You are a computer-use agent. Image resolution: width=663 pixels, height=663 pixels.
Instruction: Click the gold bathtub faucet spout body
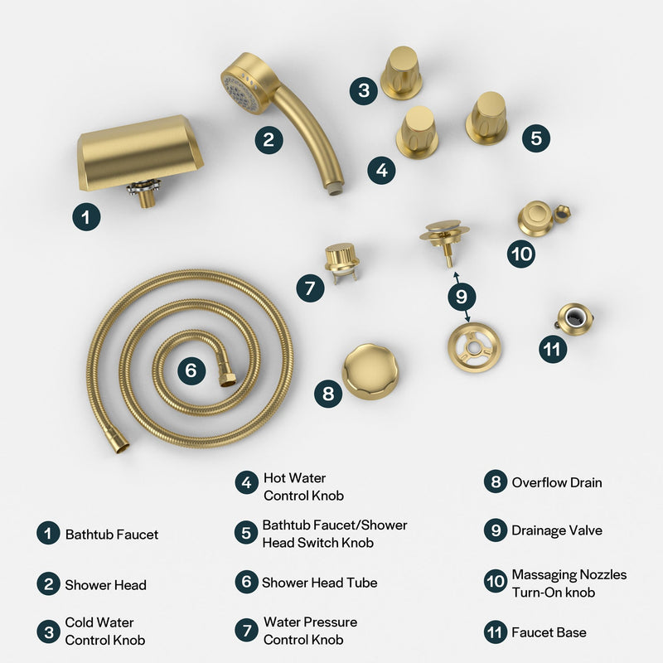139,152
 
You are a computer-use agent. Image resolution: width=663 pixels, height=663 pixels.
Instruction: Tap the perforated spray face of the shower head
239,85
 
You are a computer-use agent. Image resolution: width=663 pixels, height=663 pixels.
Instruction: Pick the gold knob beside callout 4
417,132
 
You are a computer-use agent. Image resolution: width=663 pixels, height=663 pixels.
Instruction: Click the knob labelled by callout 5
486,117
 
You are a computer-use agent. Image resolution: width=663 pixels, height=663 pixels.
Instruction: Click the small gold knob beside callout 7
341,259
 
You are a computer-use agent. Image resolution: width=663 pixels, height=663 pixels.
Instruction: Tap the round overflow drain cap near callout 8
370,371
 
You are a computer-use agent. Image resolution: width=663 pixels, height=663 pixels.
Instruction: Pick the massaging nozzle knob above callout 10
536,217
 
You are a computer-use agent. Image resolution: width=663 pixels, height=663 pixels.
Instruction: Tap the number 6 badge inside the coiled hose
191,370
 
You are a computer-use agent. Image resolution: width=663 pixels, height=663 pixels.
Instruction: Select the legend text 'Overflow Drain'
556,482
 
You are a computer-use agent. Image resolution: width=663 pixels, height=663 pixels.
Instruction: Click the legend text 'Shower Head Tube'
319,583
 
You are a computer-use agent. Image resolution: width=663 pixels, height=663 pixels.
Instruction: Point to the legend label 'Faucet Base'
549,632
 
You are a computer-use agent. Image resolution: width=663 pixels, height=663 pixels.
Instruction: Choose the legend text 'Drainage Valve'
557,530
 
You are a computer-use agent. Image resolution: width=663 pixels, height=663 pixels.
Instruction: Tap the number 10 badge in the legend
495,583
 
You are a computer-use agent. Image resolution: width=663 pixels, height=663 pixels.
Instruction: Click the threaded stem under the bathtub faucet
146,196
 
